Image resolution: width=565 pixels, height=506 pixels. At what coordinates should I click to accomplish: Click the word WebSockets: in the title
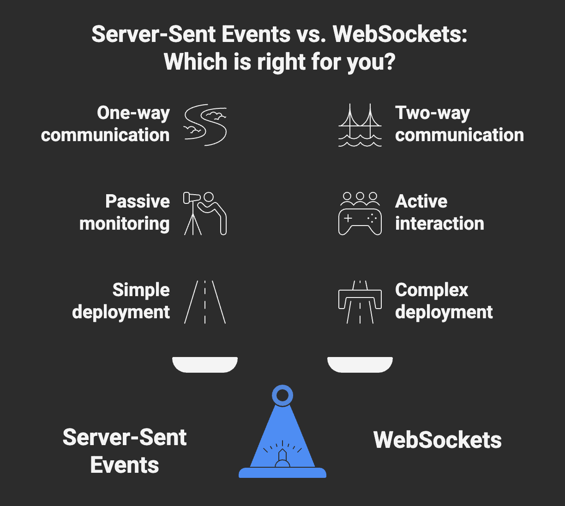[x=400, y=34]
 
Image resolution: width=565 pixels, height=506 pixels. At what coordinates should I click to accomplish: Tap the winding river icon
[x=205, y=125]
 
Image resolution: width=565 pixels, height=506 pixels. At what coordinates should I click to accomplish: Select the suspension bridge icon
[x=360, y=125]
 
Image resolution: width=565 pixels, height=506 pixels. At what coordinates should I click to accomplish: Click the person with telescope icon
[x=205, y=213]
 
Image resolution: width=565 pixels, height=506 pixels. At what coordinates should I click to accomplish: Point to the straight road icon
[x=205, y=302]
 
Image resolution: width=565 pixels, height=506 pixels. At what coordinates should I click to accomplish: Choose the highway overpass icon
[x=360, y=302]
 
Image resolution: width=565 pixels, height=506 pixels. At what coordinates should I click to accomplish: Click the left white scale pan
[x=205, y=364]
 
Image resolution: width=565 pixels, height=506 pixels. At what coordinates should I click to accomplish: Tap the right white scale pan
[x=360, y=364]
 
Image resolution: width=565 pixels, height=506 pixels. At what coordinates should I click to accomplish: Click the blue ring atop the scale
[x=282, y=395]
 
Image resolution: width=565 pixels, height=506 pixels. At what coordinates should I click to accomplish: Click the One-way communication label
[x=105, y=124]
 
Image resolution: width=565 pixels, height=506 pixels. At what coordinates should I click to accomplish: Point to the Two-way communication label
[x=459, y=124]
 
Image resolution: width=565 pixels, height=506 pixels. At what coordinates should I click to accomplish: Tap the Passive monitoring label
[x=125, y=213]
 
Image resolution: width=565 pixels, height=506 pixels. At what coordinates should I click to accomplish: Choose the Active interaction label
[x=439, y=213]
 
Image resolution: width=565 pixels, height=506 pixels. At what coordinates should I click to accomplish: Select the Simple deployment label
[x=121, y=301]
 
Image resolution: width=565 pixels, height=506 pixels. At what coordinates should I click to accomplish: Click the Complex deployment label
[x=444, y=301]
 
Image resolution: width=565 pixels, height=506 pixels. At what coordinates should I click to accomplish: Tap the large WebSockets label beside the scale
[x=437, y=440]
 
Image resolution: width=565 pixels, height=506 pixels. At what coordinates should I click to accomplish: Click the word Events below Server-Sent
[x=125, y=465]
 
